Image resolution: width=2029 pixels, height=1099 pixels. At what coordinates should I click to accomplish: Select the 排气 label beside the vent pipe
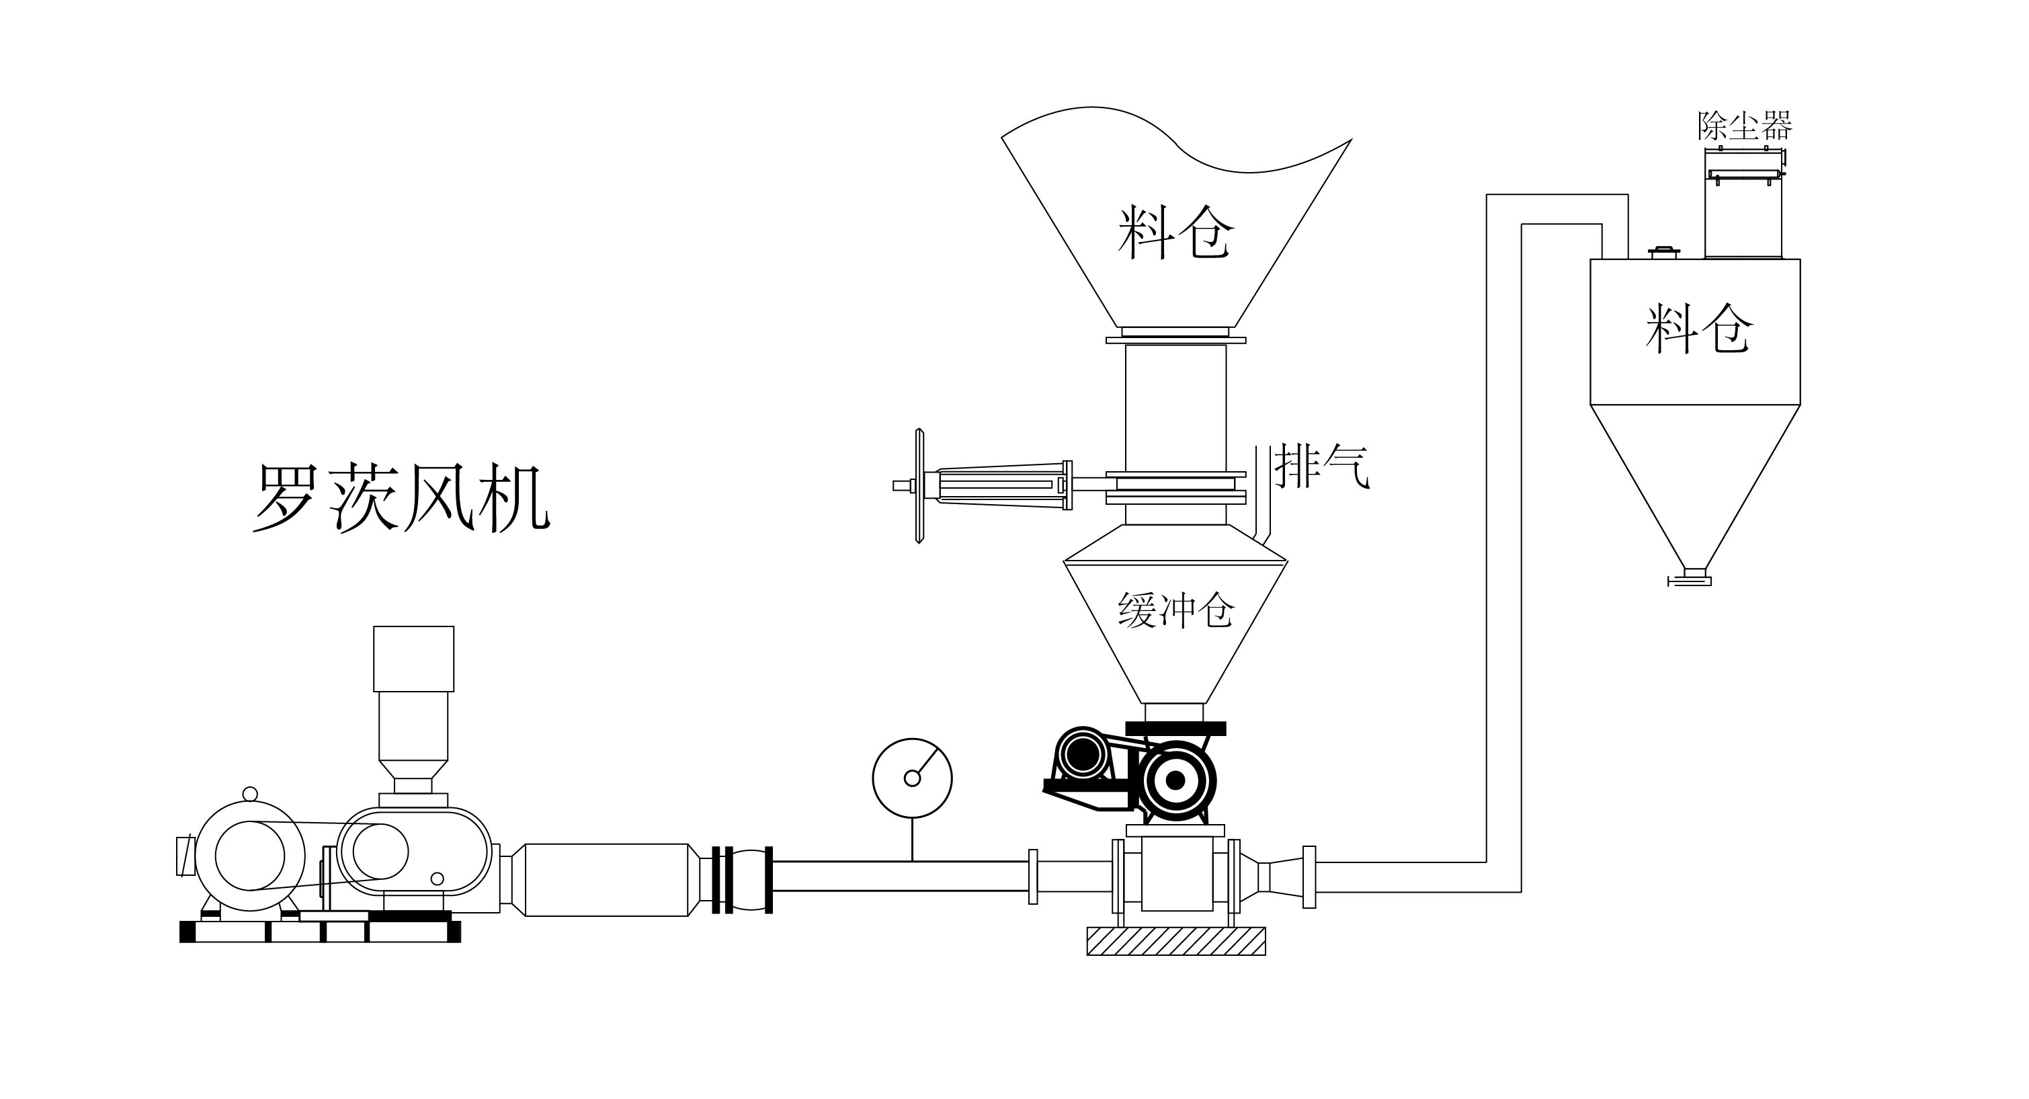tap(1322, 466)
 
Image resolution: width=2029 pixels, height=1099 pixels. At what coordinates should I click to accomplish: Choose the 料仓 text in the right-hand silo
tap(1699, 329)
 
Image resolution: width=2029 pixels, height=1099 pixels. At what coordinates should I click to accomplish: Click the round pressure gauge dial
tap(912, 778)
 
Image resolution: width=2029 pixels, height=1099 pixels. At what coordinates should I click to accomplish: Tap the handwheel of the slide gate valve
tap(919, 486)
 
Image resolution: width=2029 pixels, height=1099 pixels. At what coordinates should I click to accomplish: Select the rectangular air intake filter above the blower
tap(413, 659)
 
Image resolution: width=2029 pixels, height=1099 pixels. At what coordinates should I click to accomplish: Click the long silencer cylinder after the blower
tap(606, 879)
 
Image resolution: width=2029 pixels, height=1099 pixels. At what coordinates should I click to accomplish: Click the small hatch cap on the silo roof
tap(1663, 252)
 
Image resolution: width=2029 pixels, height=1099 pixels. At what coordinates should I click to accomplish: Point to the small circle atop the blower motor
tap(250, 793)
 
